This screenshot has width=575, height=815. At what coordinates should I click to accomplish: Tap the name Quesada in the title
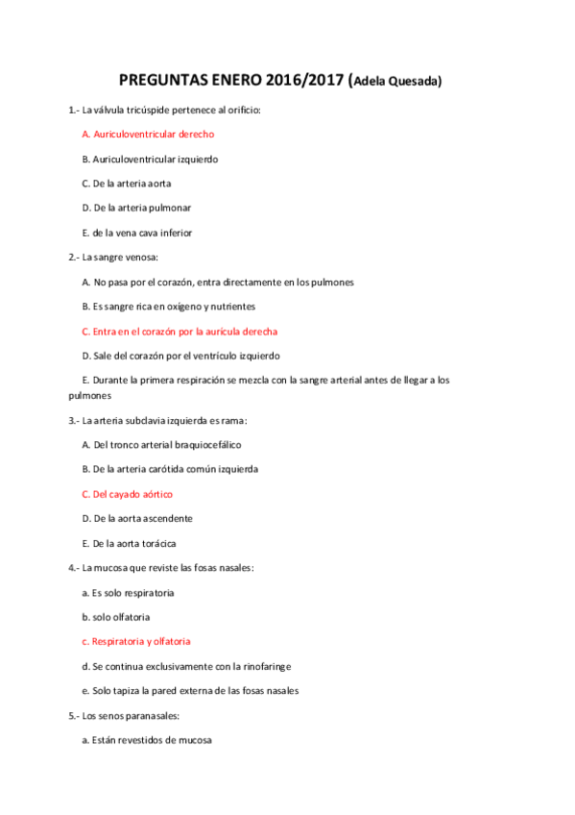tap(415, 82)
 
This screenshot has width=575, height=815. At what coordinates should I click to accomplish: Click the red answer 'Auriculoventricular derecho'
tap(148, 134)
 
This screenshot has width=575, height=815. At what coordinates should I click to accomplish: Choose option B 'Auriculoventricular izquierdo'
tap(150, 159)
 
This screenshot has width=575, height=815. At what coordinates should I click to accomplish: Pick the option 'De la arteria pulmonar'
tap(136, 208)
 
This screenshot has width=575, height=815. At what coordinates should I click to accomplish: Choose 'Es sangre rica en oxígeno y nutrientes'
tap(169, 307)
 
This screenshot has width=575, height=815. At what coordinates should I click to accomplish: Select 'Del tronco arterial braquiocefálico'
tap(161, 445)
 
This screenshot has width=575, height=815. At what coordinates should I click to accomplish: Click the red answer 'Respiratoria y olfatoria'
tap(135, 641)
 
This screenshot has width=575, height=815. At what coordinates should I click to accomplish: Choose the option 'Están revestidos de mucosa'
tap(147, 740)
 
